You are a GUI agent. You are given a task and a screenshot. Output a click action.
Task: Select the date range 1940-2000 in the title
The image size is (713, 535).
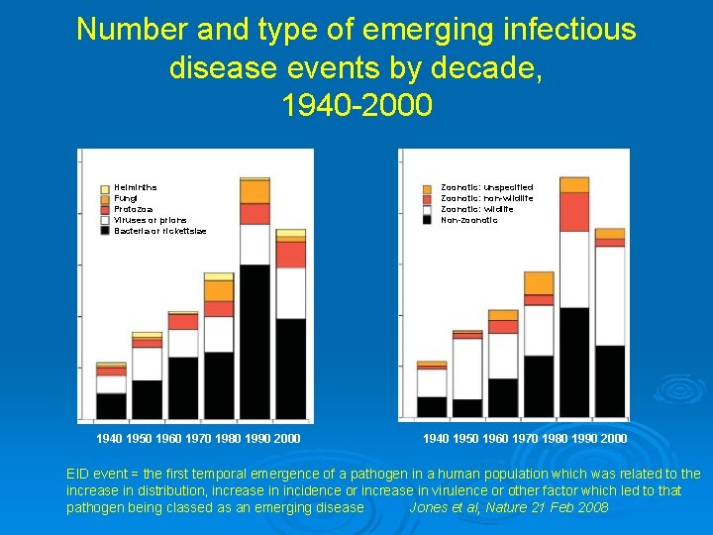356,104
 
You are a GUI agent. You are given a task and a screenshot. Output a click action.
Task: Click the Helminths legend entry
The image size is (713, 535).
135,187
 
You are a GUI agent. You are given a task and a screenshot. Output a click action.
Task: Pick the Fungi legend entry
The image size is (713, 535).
126,198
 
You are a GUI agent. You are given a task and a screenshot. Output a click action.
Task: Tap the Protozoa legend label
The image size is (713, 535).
133,209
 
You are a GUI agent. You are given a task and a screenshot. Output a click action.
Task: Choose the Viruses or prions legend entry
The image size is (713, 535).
150,220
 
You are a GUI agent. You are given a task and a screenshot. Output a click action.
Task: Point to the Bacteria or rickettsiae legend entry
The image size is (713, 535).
159,231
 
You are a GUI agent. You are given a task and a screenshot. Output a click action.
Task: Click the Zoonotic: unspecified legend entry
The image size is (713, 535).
486,187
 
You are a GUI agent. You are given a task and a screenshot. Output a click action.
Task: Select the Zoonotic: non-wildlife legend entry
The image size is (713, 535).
486,198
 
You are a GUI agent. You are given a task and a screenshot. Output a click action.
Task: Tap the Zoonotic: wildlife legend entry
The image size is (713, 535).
476,209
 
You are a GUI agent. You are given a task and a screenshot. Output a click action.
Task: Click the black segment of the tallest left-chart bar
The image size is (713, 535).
255,342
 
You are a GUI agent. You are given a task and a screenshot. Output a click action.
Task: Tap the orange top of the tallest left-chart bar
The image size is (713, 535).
255,191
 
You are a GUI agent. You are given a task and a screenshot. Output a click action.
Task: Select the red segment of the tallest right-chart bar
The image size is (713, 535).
574,211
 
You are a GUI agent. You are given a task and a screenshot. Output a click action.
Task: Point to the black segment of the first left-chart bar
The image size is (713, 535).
111,406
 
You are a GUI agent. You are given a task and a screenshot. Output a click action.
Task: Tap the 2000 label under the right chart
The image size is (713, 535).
613,438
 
